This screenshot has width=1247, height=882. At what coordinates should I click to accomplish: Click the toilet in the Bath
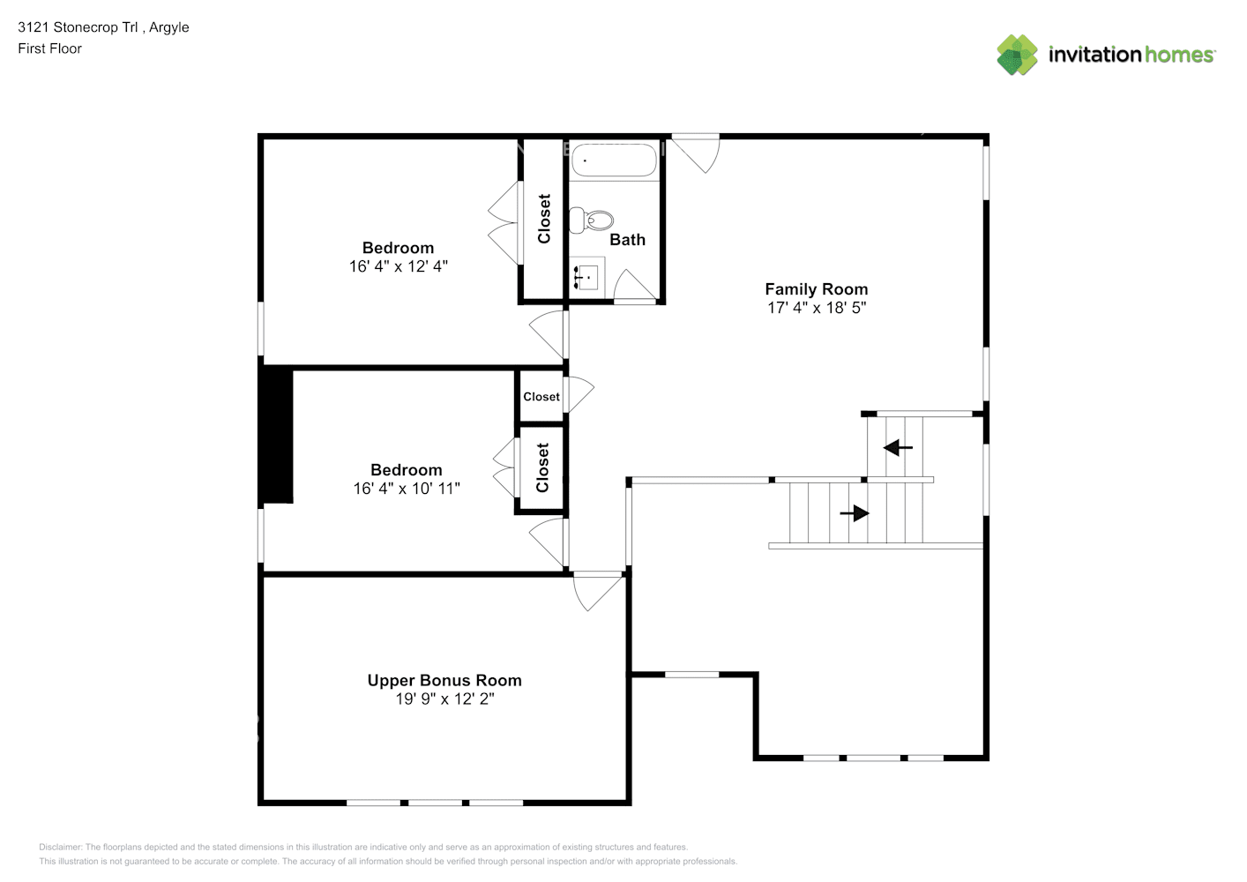point(591,221)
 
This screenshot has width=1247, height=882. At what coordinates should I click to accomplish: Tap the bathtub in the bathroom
point(614,161)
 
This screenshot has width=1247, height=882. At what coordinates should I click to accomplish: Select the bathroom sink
point(586,276)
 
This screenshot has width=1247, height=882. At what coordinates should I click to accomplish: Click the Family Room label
point(816,289)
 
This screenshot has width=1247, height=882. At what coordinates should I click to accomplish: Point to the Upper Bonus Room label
point(444,680)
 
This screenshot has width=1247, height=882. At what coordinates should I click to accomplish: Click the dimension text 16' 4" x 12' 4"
point(398,266)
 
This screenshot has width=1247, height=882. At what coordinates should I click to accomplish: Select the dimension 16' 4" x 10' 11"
point(407,489)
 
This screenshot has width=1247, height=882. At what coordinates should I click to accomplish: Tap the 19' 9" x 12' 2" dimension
point(444,699)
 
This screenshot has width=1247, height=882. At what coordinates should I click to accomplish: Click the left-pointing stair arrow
point(898,448)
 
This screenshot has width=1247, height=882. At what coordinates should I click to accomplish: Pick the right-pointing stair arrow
point(855,512)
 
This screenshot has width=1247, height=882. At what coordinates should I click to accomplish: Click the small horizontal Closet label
point(541,396)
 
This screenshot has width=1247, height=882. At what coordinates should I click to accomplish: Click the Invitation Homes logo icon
point(1017,55)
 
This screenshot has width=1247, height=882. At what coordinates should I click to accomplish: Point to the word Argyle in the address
point(168,27)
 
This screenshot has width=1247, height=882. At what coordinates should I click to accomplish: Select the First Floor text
point(49,49)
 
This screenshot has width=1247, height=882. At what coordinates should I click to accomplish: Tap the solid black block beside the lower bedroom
point(277,435)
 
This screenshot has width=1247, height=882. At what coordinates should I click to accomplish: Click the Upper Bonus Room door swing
point(597,592)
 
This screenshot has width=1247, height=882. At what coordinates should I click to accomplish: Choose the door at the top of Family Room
point(695,154)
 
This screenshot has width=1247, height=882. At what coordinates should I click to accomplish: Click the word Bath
point(627,239)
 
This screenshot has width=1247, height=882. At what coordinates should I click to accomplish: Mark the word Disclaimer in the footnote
point(60,847)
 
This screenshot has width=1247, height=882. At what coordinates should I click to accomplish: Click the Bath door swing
point(635,286)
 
